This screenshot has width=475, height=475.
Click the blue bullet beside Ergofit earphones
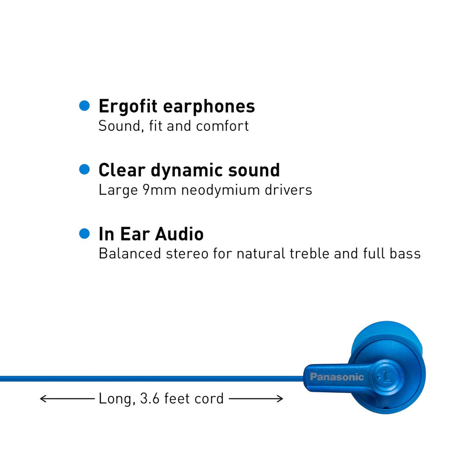point(84,106)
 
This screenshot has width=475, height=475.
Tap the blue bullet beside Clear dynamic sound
point(84,169)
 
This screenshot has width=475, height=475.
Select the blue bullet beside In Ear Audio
point(84,234)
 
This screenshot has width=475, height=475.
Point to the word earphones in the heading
point(209,107)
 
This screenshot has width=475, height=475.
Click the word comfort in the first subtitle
point(222,126)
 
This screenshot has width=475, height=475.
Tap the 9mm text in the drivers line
point(160,190)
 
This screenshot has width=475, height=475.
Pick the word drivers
point(289,190)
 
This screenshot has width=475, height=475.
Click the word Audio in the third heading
point(180,234)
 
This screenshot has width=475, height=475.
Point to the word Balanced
point(130,254)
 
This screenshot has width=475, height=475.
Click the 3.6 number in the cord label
point(150,398)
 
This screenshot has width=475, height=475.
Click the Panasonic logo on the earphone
point(337,377)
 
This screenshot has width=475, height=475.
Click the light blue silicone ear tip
point(387,333)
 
